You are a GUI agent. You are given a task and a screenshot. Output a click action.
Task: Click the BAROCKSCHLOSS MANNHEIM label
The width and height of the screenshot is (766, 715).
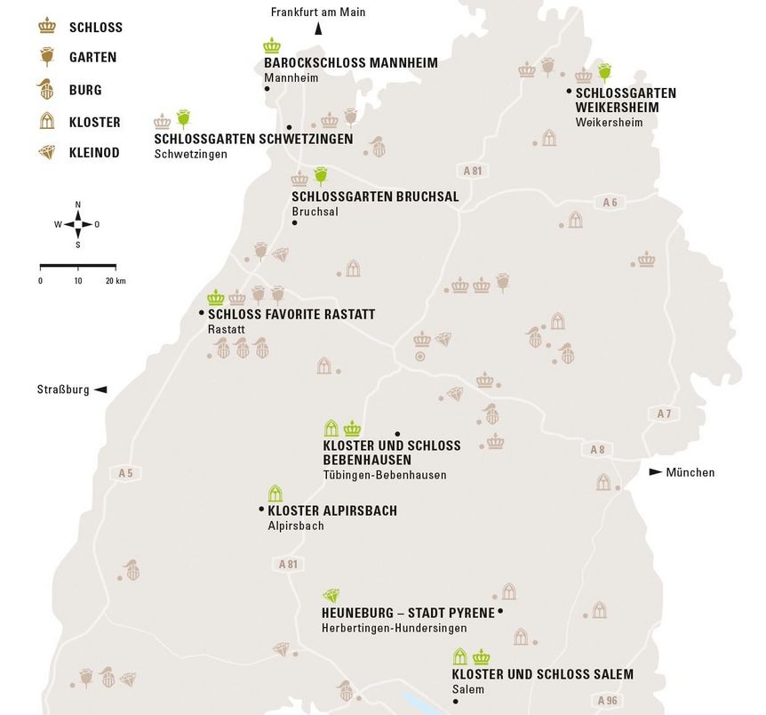339,63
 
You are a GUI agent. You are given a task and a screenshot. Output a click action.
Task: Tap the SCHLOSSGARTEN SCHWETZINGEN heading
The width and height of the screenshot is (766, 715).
253,139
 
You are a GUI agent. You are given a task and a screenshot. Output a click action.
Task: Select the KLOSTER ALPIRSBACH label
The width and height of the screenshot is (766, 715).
331,510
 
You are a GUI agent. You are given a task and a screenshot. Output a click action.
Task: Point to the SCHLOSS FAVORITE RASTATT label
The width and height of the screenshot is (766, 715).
291,314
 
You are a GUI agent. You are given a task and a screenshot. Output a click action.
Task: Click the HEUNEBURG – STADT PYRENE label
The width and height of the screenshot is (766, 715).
408,613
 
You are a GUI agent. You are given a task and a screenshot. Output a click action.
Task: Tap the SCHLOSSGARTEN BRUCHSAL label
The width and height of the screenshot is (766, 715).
375,197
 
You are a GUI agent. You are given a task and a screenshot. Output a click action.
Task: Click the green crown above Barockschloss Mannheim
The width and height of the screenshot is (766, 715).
272,45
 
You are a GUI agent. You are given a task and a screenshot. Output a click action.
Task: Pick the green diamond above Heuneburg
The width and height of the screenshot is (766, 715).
331,596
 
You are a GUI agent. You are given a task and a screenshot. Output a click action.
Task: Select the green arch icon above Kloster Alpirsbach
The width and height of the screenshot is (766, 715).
275,494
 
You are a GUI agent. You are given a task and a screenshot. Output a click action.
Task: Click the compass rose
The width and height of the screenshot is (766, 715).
77,224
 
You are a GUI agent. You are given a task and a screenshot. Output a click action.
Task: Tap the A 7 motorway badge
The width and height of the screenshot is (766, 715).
664,414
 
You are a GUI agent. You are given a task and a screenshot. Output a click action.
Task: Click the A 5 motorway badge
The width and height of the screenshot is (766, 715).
124,473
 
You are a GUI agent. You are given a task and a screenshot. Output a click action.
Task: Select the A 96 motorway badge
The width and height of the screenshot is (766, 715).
609,701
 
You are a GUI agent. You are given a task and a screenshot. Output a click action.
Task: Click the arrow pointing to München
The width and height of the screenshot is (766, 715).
656,472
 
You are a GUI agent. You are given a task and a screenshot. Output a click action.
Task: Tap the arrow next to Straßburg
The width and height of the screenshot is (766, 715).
100,390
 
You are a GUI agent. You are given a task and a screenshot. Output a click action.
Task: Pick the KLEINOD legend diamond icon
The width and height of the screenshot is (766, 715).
47,153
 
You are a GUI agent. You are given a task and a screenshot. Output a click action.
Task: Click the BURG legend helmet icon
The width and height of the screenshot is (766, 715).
47,89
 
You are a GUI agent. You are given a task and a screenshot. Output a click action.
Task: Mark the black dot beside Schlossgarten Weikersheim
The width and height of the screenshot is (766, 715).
569,92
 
